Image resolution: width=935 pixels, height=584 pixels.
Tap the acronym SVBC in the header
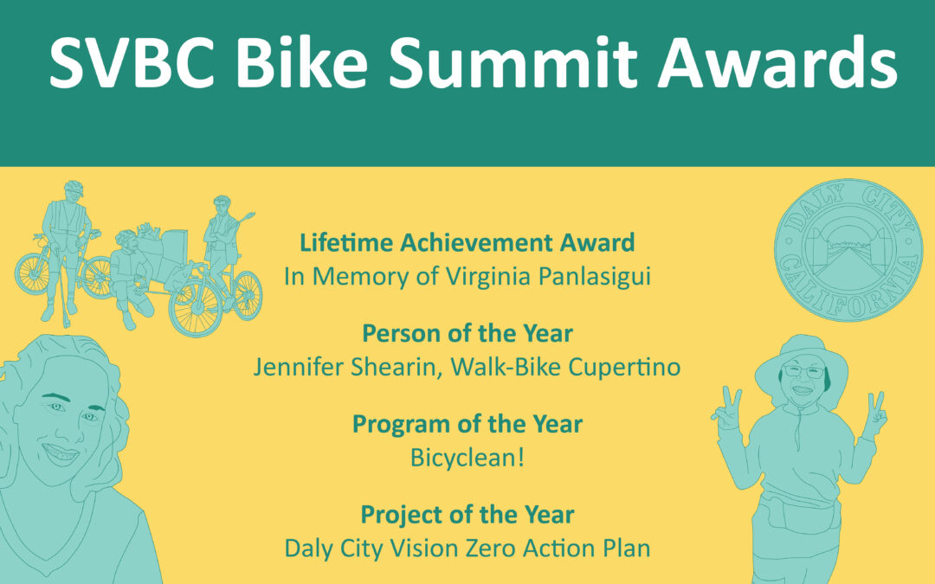(x=132, y=62)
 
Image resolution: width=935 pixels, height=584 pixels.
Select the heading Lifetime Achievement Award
(x=467, y=242)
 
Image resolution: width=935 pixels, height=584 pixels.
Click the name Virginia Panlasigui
(x=548, y=277)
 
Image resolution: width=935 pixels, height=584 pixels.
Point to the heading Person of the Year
(x=467, y=333)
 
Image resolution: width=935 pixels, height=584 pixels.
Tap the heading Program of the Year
(x=467, y=424)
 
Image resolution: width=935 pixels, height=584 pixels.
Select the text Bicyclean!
(x=467, y=458)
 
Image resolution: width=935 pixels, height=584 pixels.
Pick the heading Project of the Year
(x=467, y=515)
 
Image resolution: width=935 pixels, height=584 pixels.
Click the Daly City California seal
(x=848, y=250)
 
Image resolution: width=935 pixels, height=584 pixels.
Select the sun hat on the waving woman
(x=801, y=363)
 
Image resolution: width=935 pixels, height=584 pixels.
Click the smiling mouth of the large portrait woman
(x=61, y=454)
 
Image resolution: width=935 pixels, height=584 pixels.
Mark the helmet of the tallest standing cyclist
(x=74, y=188)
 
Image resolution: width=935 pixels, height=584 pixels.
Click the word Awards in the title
(x=777, y=62)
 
